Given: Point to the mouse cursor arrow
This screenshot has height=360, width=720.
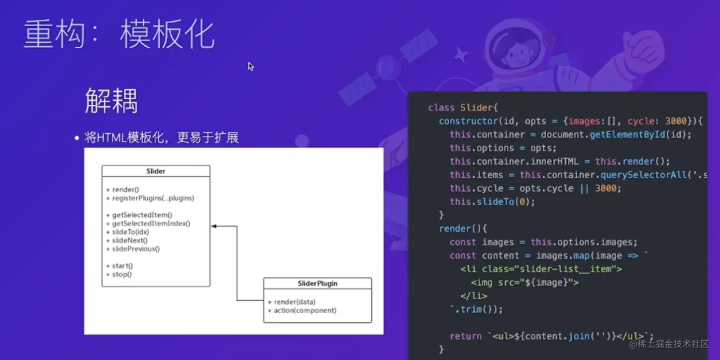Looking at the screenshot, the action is pyautogui.click(x=251, y=66).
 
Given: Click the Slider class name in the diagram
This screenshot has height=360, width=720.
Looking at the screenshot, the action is pyautogui.click(x=156, y=171).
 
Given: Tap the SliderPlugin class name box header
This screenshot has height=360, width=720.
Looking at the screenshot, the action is pyautogui.click(x=317, y=283).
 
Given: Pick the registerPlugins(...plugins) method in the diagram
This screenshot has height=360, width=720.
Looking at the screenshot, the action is pyautogui.click(x=150, y=198).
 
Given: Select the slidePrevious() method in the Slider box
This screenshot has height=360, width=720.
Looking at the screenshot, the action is pyautogui.click(x=132, y=249).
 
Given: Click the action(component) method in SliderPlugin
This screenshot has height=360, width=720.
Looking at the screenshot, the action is pyautogui.click(x=302, y=310).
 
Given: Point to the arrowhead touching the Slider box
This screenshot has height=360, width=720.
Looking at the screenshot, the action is pyautogui.click(x=214, y=226).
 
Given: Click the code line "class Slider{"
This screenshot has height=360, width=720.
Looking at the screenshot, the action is pyautogui.click(x=463, y=108).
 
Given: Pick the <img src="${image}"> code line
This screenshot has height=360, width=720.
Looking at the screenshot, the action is pyautogui.click(x=525, y=282).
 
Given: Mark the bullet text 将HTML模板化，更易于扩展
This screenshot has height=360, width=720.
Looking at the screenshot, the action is pyautogui.click(x=161, y=137).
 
